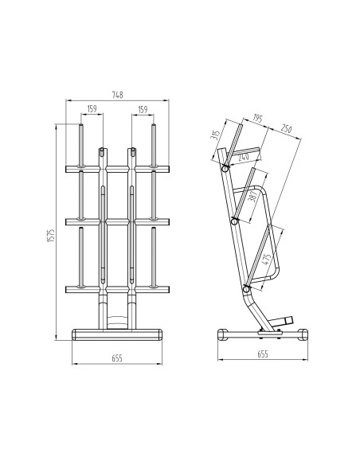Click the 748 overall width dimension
coord(117,96)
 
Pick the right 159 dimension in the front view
coord(143,110)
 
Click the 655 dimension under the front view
coord(117,358)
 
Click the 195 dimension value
coord(256,118)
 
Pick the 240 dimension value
coord(244,157)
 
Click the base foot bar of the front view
coord(117,334)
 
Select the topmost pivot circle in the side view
coord(226,169)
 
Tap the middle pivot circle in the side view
coord(235,221)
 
